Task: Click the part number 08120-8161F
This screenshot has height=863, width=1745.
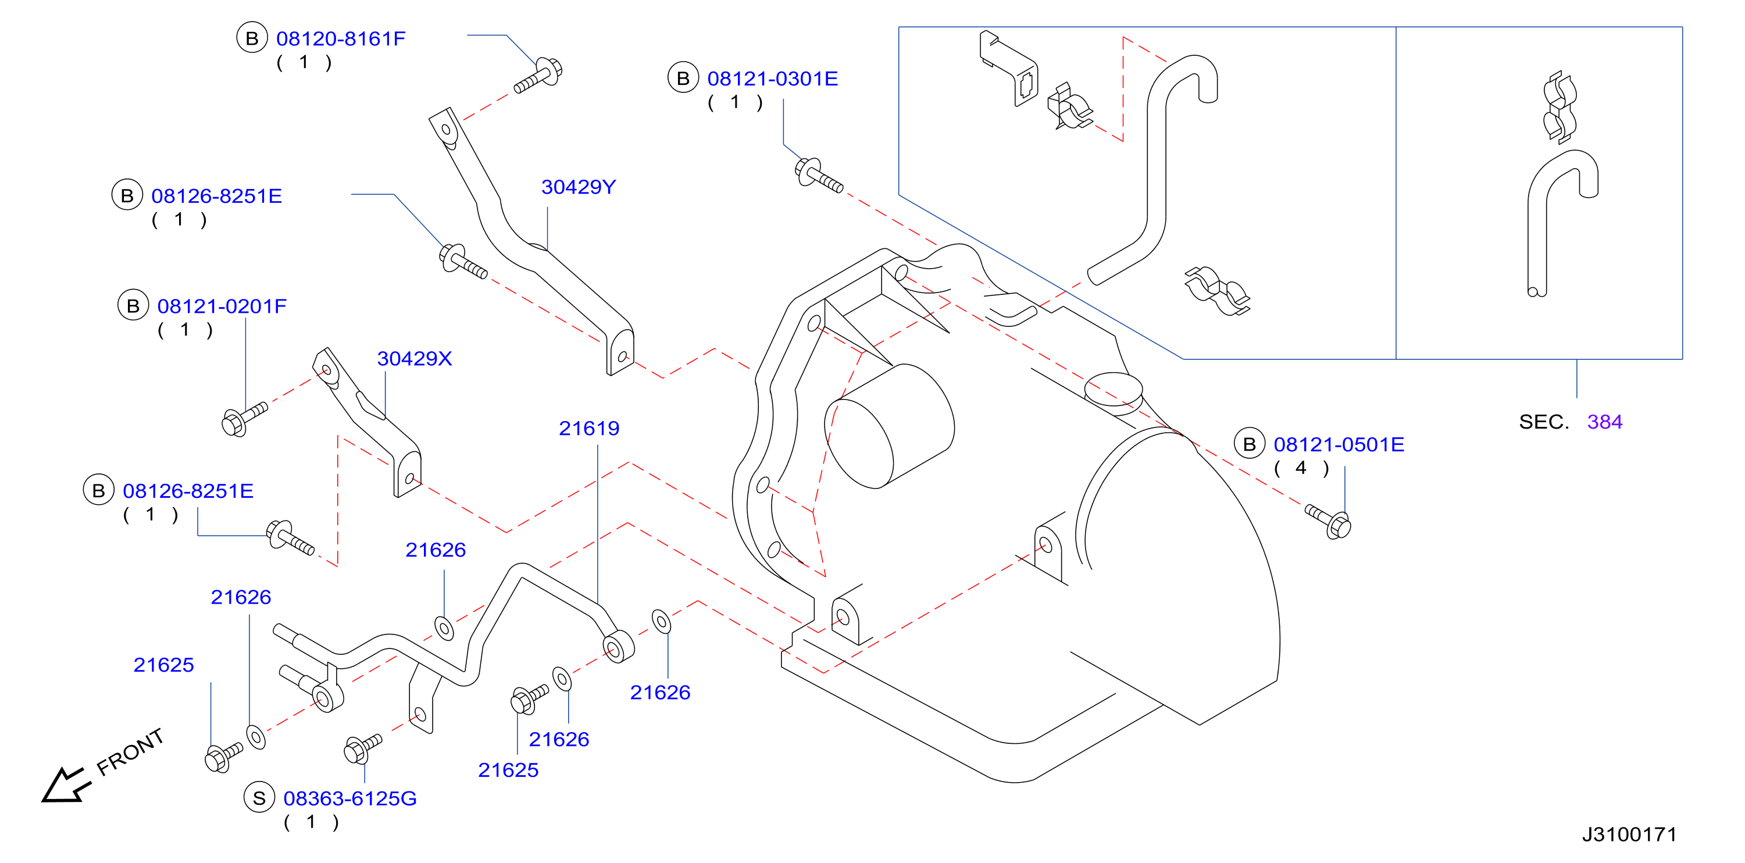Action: tap(340, 38)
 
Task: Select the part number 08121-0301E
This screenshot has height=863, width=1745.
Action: tap(772, 79)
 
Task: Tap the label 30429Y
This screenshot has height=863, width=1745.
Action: tap(579, 187)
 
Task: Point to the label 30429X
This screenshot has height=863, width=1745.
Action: tap(414, 358)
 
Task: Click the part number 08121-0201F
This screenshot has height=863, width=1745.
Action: tap(222, 306)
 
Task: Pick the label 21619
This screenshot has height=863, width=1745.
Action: tap(588, 428)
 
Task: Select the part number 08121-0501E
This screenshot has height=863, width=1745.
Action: tap(1339, 444)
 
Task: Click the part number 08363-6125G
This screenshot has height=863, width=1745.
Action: tap(349, 798)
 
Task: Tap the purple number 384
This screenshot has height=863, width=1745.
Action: tap(1604, 422)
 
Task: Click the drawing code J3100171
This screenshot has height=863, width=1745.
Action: tap(1629, 834)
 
